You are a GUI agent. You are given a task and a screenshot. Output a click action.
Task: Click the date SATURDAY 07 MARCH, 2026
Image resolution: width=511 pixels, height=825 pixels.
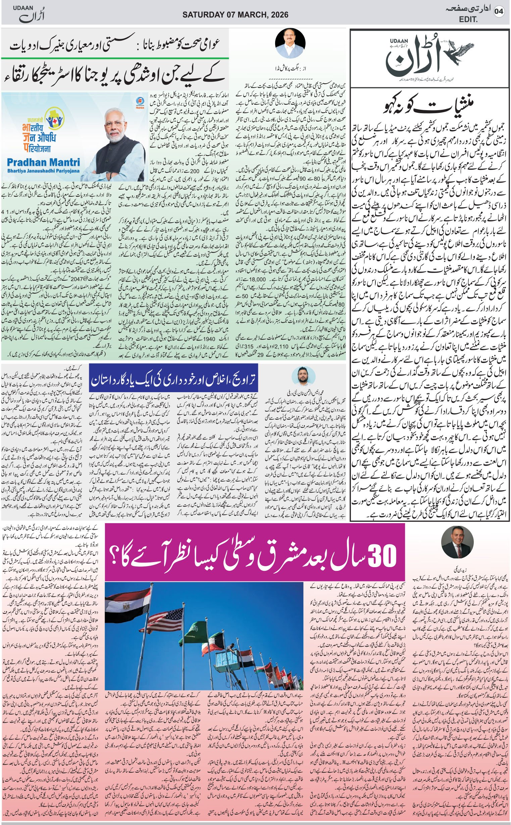pos(235,15)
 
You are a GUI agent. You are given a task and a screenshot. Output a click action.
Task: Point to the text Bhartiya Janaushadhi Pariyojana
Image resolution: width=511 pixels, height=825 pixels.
pos(43,171)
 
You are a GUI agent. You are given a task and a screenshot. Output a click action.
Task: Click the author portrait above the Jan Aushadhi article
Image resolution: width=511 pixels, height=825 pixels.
pos(290,43)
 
